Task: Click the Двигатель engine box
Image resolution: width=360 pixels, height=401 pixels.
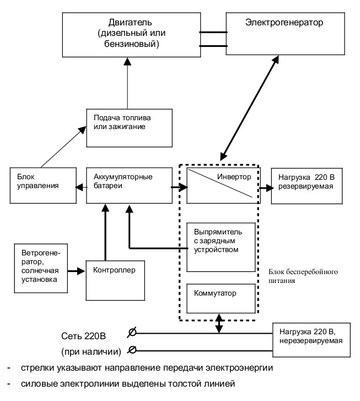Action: click(x=131, y=35)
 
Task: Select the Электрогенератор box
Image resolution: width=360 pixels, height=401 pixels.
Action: click(x=286, y=34)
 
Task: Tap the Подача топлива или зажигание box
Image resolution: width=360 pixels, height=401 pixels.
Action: click(x=129, y=128)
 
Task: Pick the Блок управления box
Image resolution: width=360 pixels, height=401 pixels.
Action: click(x=43, y=185)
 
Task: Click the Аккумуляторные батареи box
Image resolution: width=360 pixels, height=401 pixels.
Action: click(x=129, y=185)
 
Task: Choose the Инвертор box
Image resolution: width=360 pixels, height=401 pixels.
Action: click(x=223, y=185)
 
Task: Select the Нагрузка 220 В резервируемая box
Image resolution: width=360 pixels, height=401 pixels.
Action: click(x=307, y=186)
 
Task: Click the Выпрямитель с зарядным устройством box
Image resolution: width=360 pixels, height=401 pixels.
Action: click(x=221, y=247)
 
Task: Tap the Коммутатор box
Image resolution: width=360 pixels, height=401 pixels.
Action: click(x=221, y=298)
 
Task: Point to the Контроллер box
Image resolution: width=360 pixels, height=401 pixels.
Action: click(x=115, y=280)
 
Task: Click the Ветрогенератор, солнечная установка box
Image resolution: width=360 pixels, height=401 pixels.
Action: click(x=41, y=268)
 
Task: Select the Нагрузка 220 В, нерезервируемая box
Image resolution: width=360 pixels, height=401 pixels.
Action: click(x=311, y=340)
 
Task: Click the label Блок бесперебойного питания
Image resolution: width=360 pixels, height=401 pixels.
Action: click(x=303, y=276)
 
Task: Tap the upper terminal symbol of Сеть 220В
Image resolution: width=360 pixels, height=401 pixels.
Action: click(x=132, y=333)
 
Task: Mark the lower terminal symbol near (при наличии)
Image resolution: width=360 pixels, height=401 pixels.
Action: click(x=132, y=350)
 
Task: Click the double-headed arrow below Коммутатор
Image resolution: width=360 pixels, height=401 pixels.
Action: click(x=219, y=323)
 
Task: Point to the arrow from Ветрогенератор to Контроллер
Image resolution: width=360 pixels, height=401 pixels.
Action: click(x=76, y=271)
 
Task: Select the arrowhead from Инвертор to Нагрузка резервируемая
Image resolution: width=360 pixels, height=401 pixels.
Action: click(x=270, y=188)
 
